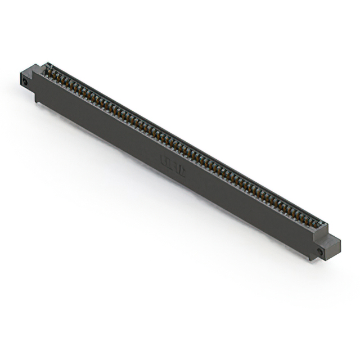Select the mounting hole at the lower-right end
321,251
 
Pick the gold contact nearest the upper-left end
49,71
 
